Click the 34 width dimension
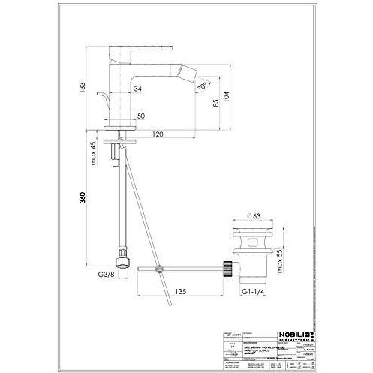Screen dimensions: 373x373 (138, 89)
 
